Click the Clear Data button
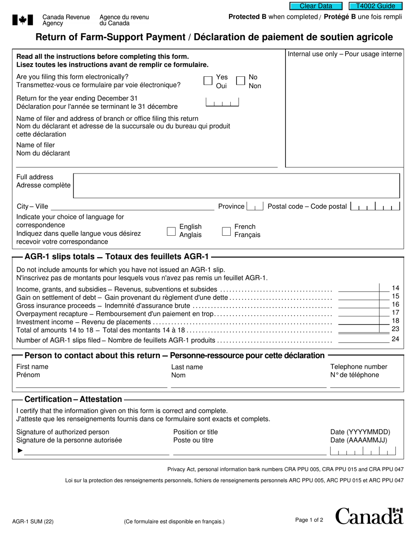317,6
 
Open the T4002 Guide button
375,6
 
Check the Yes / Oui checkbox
208,81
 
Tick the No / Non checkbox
240,81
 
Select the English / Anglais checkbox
171,231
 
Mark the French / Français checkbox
226,231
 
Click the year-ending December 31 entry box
222,103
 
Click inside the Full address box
236,186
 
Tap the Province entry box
255,206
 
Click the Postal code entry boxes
376,206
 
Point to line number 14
395,288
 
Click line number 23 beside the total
395,329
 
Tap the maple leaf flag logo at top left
22,20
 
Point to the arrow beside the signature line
20,450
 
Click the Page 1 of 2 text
309,520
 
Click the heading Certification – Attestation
73,399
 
